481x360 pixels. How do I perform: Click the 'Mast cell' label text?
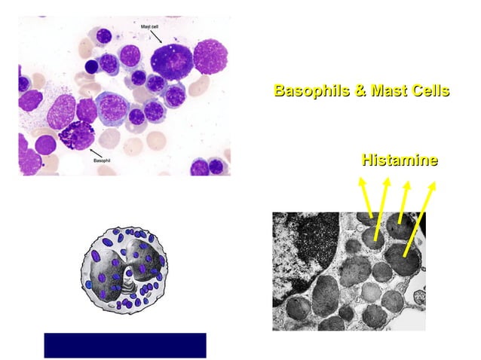[x=150, y=26]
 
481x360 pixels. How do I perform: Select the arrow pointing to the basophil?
[x=88, y=152]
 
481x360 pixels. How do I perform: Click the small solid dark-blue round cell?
[x=91, y=66]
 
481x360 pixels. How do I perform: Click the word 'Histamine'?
[x=400, y=160]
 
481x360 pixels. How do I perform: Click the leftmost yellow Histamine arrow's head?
[x=361, y=181]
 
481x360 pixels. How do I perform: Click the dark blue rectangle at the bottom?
[x=124, y=345]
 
